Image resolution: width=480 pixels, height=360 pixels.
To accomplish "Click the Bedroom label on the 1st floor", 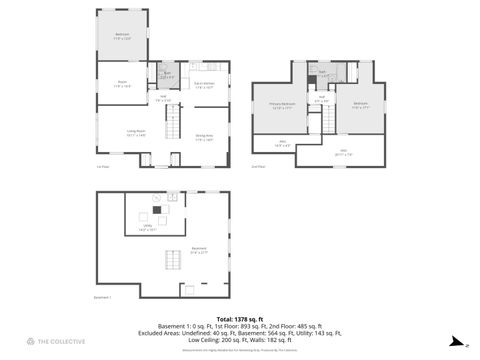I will (x=122, y=37).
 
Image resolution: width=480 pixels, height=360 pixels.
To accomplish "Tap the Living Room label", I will (x=122, y=132).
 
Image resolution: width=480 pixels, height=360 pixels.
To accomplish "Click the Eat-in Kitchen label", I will (x=204, y=85).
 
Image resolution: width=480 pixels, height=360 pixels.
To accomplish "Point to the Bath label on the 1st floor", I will (x=167, y=75).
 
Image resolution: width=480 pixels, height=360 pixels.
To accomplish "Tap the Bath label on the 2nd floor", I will (x=323, y=73).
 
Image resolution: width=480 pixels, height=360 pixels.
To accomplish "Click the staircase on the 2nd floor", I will (x=325, y=121).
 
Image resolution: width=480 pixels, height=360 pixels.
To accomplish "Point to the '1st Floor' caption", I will (x=102, y=166).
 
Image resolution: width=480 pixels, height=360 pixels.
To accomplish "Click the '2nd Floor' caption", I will (x=258, y=166).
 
